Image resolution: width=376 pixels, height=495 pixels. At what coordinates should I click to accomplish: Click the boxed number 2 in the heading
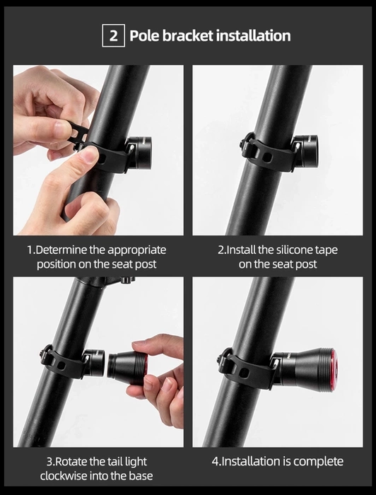(114, 35)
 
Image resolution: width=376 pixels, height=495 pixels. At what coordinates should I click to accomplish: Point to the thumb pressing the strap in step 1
(82, 158)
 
